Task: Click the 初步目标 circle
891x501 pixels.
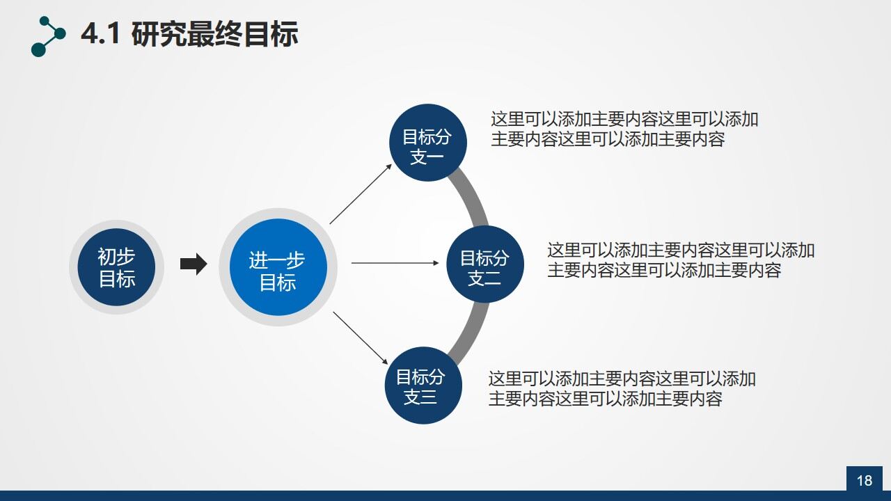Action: click(x=116, y=267)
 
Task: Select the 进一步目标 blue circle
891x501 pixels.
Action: click(x=278, y=267)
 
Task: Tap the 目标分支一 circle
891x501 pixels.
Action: click(x=427, y=143)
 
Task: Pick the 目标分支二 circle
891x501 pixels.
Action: click(x=484, y=264)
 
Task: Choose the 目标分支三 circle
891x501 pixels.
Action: click(x=423, y=385)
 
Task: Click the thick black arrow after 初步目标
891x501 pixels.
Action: click(x=194, y=264)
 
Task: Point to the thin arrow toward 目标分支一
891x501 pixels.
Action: click(x=361, y=193)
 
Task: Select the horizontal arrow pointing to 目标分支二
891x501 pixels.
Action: click(x=394, y=263)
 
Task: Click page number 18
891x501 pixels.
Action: click(x=864, y=480)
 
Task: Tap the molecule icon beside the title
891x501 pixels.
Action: click(x=48, y=36)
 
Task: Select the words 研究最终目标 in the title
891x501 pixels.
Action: click(x=214, y=35)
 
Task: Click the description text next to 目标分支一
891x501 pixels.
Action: click(x=624, y=129)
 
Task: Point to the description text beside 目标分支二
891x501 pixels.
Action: click(x=680, y=260)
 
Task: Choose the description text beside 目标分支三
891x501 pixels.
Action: click(x=621, y=389)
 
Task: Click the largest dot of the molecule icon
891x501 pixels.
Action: click(x=39, y=49)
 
